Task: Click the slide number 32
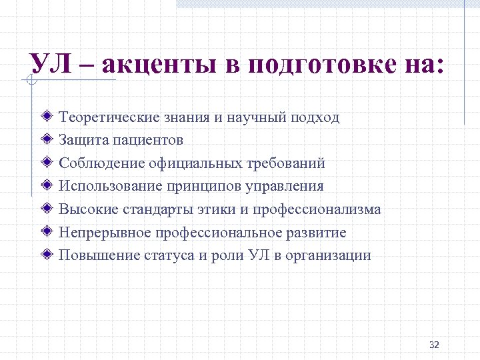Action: click(434, 344)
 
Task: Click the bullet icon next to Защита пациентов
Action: click(47, 140)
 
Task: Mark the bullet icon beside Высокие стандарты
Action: click(47, 209)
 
